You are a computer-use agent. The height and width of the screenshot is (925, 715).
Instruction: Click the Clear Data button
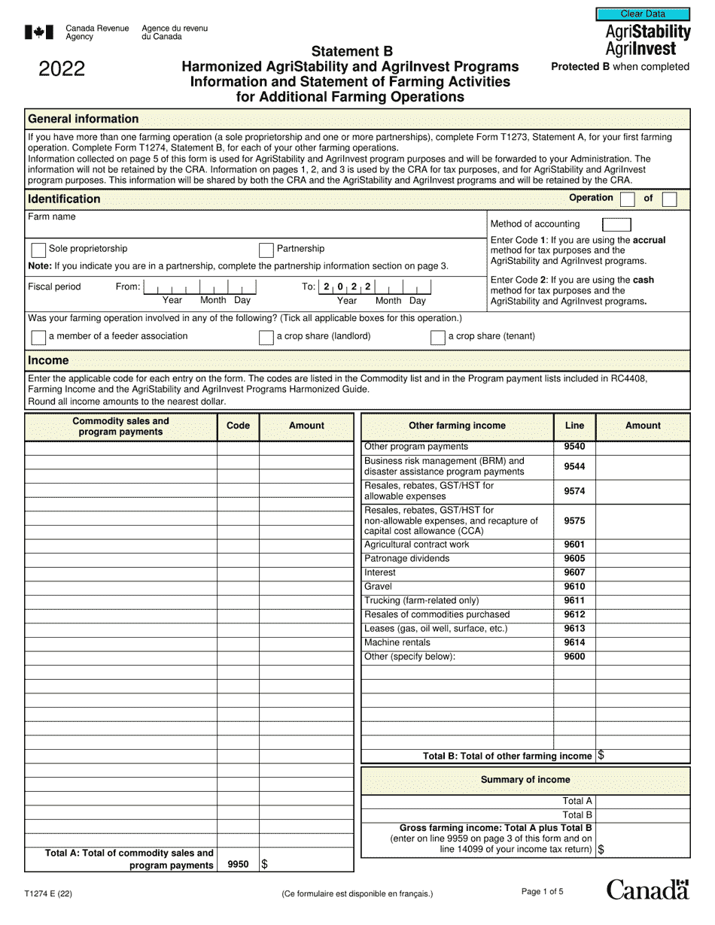[643, 14]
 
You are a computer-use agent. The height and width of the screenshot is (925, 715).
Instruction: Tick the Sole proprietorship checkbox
[38, 250]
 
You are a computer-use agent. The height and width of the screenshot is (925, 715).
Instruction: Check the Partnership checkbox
[266, 250]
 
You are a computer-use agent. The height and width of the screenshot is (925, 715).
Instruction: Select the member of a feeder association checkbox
[38, 337]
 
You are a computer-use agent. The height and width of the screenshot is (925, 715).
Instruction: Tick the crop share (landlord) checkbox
[266, 337]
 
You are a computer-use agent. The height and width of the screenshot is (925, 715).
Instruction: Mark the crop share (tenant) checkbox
[437, 337]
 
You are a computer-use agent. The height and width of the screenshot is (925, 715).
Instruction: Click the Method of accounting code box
[616, 224]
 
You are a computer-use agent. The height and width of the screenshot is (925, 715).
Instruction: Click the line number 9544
[574, 466]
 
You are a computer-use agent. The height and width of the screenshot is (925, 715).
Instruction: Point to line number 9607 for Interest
[574, 573]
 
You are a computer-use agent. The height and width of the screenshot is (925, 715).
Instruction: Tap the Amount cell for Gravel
[642, 587]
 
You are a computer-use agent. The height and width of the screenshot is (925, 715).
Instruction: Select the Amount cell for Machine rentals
[642, 643]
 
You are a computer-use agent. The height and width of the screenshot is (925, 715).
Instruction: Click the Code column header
[238, 426]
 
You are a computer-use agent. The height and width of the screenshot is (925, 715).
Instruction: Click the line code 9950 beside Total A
[238, 865]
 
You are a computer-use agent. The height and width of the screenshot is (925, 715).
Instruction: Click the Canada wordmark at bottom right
[647, 890]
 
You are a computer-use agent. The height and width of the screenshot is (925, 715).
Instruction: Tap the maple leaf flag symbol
[39, 32]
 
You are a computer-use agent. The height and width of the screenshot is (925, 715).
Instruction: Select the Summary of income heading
[525, 780]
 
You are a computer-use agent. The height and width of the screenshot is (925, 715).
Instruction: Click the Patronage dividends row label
[406, 559]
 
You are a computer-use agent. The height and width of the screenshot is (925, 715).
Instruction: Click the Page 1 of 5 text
[542, 892]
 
